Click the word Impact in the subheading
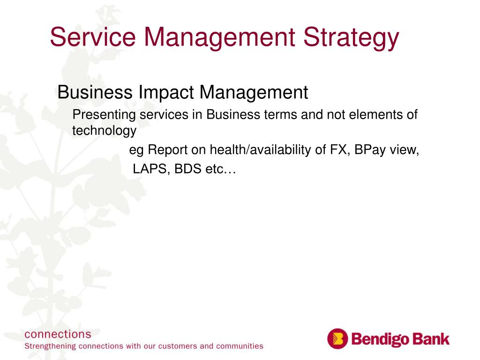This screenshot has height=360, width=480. (165, 92)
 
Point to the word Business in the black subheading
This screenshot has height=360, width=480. (95, 92)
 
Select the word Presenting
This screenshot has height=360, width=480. (104, 115)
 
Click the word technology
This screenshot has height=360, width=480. (105, 131)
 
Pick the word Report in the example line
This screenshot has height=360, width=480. (168, 150)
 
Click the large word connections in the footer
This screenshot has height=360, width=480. (58, 334)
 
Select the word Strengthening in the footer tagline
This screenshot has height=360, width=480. (50, 346)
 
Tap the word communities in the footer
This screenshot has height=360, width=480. (240, 346)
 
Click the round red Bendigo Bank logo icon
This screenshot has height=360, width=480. (337, 339)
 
